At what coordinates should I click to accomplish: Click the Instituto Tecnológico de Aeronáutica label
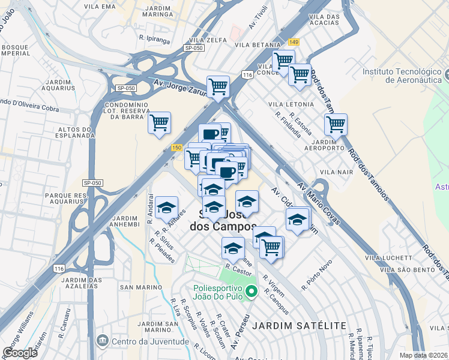(402, 76)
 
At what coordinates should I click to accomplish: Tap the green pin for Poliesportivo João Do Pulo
(252, 292)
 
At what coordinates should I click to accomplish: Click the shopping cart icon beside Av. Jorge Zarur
(218, 86)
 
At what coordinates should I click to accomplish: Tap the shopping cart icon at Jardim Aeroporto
(336, 124)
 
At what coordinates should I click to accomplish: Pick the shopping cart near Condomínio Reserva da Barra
(159, 123)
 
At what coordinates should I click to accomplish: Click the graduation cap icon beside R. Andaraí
(167, 208)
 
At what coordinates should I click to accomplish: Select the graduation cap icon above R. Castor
(234, 247)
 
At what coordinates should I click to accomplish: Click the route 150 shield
(176, 148)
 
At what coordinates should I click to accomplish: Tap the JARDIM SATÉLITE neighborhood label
(300, 326)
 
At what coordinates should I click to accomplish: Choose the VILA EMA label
(101, 7)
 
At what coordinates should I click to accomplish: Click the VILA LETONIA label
(292, 104)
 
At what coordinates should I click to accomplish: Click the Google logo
(19, 352)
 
